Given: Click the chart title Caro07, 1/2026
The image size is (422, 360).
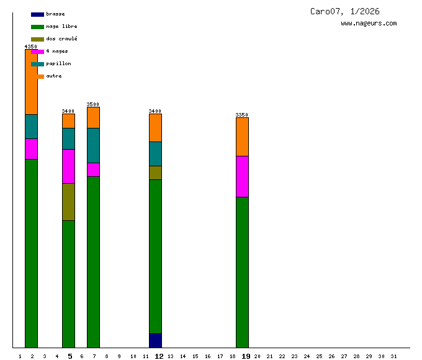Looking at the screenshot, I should (x=345, y=11).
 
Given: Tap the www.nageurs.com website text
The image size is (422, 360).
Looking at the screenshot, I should (x=369, y=24).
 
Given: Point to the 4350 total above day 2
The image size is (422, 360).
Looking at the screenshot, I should (x=31, y=47).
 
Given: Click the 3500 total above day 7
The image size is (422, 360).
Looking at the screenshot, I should (x=93, y=104).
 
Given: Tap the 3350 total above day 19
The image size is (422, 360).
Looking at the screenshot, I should (x=242, y=115).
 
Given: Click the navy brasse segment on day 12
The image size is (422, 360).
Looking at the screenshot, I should (x=155, y=340).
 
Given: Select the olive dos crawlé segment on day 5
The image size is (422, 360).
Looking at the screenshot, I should (x=68, y=202).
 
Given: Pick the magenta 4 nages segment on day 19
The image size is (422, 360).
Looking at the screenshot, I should (x=242, y=176).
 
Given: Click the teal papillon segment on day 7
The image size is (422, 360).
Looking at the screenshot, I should (x=93, y=145).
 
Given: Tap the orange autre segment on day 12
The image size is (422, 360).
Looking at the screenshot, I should (x=155, y=128).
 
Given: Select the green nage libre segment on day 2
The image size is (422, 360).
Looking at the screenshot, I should (x=31, y=253).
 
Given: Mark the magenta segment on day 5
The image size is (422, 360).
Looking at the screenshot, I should (x=68, y=166).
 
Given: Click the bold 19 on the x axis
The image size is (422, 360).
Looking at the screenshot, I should (x=246, y=356).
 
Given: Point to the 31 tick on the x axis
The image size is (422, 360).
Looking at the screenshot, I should (x=393, y=356).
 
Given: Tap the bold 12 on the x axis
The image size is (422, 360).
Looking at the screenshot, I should (x=159, y=356).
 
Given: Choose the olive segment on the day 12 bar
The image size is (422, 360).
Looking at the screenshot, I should (x=155, y=173).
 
